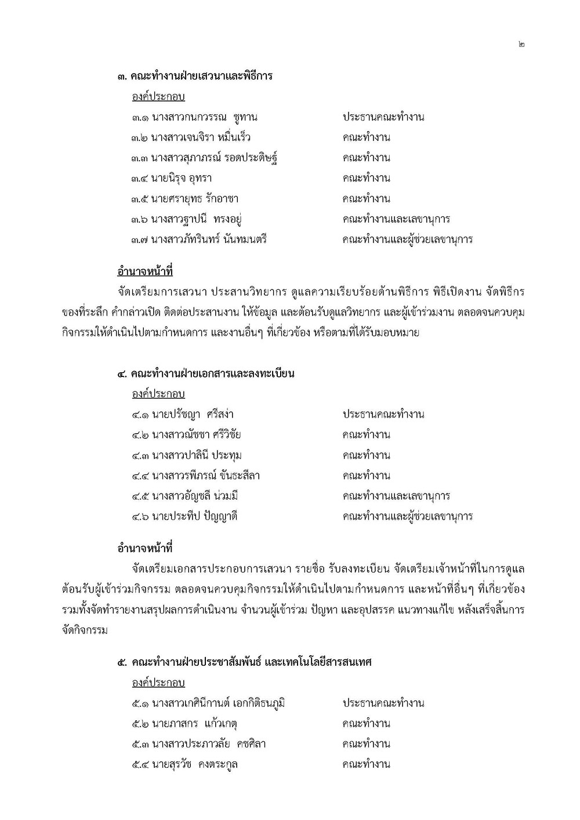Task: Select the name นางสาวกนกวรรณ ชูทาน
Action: click(205, 117)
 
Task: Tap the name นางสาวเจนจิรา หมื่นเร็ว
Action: click(201, 137)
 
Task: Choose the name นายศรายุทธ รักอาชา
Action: click(195, 199)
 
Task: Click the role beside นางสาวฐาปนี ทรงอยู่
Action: click(396, 219)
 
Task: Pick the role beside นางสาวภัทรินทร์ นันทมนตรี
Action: click(407, 240)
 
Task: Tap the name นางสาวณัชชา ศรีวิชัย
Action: click(196, 435)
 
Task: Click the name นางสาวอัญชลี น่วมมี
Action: click(195, 496)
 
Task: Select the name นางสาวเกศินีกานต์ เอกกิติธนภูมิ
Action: click(218, 703)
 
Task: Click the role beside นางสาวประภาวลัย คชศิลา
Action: click(366, 744)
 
